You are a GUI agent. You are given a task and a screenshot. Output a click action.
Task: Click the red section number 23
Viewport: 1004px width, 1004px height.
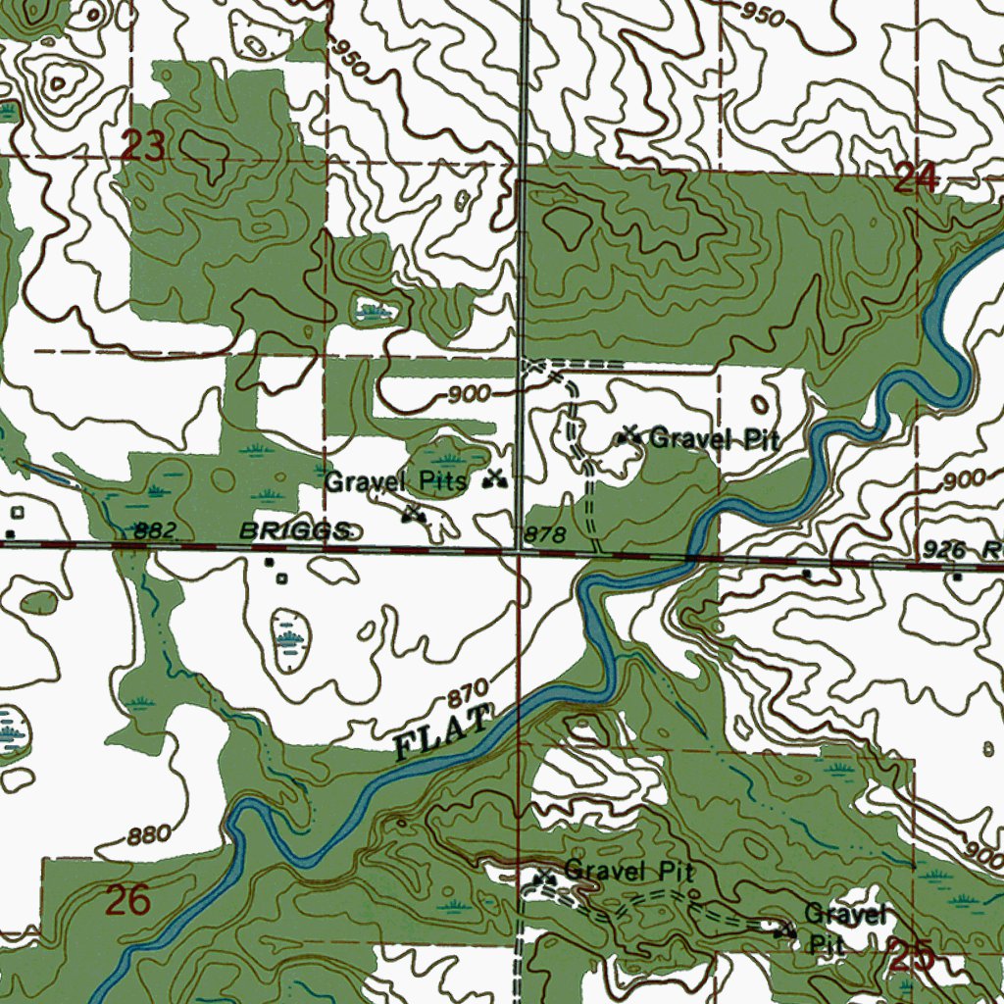click(143, 148)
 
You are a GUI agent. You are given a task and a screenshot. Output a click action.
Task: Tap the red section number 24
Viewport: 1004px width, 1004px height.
click(917, 178)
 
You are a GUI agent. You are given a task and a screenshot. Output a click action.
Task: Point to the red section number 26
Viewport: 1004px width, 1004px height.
click(127, 900)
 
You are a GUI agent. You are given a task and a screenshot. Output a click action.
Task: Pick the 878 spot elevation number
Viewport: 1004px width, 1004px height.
click(546, 534)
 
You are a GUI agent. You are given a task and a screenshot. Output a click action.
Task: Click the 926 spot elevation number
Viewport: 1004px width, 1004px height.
click(945, 551)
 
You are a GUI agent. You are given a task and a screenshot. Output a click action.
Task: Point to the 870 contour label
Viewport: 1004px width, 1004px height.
click(468, 697)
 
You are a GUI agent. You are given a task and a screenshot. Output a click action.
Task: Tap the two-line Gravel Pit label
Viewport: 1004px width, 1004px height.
click(843, 928)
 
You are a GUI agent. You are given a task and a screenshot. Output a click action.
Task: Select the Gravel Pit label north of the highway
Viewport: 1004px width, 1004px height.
click(715, 438)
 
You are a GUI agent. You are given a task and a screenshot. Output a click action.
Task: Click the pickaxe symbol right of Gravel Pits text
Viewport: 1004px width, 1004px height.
click(495, 479)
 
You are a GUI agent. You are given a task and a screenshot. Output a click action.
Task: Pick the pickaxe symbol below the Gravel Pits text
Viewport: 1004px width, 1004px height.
click(414, 512)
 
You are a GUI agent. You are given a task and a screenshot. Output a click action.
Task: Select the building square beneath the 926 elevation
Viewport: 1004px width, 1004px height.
click(958, 577)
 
